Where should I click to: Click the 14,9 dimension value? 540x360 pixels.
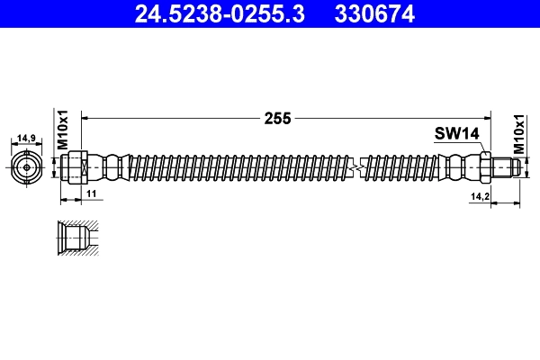pos(26,139)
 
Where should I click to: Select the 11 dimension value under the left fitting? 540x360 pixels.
pos(91,194)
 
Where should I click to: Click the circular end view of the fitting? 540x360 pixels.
pos(27,167)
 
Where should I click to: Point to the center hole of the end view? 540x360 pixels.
pos(27,167)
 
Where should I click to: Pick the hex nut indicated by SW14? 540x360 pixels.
pos(484,167)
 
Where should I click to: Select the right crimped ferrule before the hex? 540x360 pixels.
pos(461,167)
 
